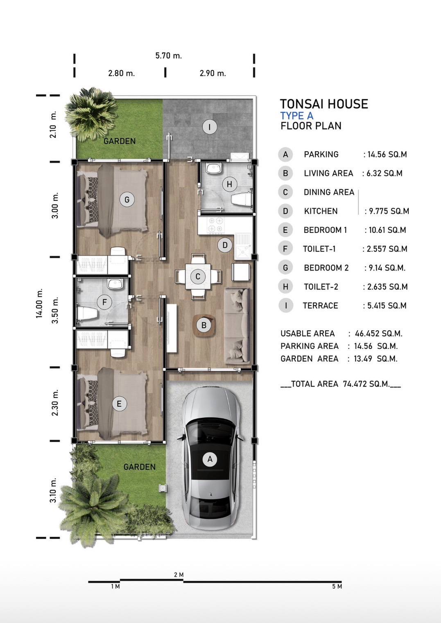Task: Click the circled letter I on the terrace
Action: [209, 127]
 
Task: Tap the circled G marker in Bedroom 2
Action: [127, 199]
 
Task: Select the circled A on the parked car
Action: [210, 459]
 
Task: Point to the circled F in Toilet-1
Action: [105, 302]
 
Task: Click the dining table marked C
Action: [198, 277]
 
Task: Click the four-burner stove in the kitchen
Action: [215, 225]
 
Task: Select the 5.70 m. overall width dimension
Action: [169, 56]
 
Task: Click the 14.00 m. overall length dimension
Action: [39, 303]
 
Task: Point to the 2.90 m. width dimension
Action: [213, 73]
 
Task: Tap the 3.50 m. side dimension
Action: [55, 310]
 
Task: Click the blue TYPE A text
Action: [297, 116]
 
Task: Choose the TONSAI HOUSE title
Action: [324, 104]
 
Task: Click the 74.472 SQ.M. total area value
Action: [366, 384]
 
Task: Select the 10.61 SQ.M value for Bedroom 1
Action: [387, 230]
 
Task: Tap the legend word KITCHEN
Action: [321, 211]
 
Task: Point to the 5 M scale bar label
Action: [337, 586]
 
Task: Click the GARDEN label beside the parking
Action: [140, 467]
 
